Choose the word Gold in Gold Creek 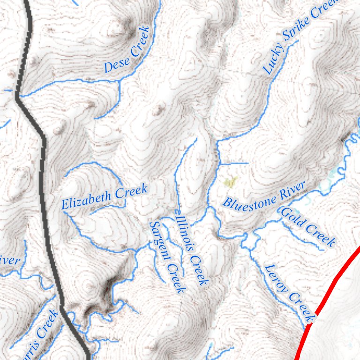tap(290, 217)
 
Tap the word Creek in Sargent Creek tap(175, 278)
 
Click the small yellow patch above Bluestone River tap(231, 180)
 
